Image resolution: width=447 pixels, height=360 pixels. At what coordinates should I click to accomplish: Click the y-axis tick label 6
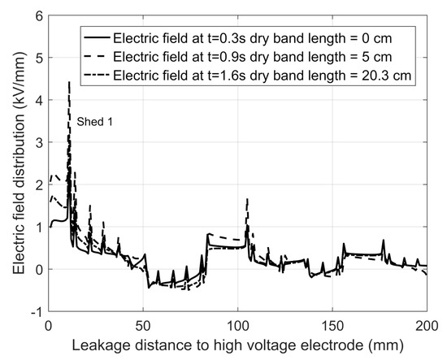tap(38, 15)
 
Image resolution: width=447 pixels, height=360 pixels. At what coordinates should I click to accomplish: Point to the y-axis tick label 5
tap(38, 58)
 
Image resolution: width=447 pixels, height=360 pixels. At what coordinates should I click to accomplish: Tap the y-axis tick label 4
tap(38, 100)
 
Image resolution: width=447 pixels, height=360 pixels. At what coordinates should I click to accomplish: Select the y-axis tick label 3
tap(38, 142)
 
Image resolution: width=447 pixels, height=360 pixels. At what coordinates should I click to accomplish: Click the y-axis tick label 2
tap(38, 184)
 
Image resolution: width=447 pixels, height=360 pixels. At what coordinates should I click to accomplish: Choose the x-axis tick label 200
tap(426, 325)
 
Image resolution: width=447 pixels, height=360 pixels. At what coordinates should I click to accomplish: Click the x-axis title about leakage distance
tap(237, 345)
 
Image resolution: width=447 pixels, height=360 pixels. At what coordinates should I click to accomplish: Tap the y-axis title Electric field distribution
tap(14, 163)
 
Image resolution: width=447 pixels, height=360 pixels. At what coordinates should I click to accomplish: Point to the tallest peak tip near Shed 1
tap(69, 82)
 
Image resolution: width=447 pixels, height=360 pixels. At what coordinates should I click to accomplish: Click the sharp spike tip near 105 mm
tap(247, 198)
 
